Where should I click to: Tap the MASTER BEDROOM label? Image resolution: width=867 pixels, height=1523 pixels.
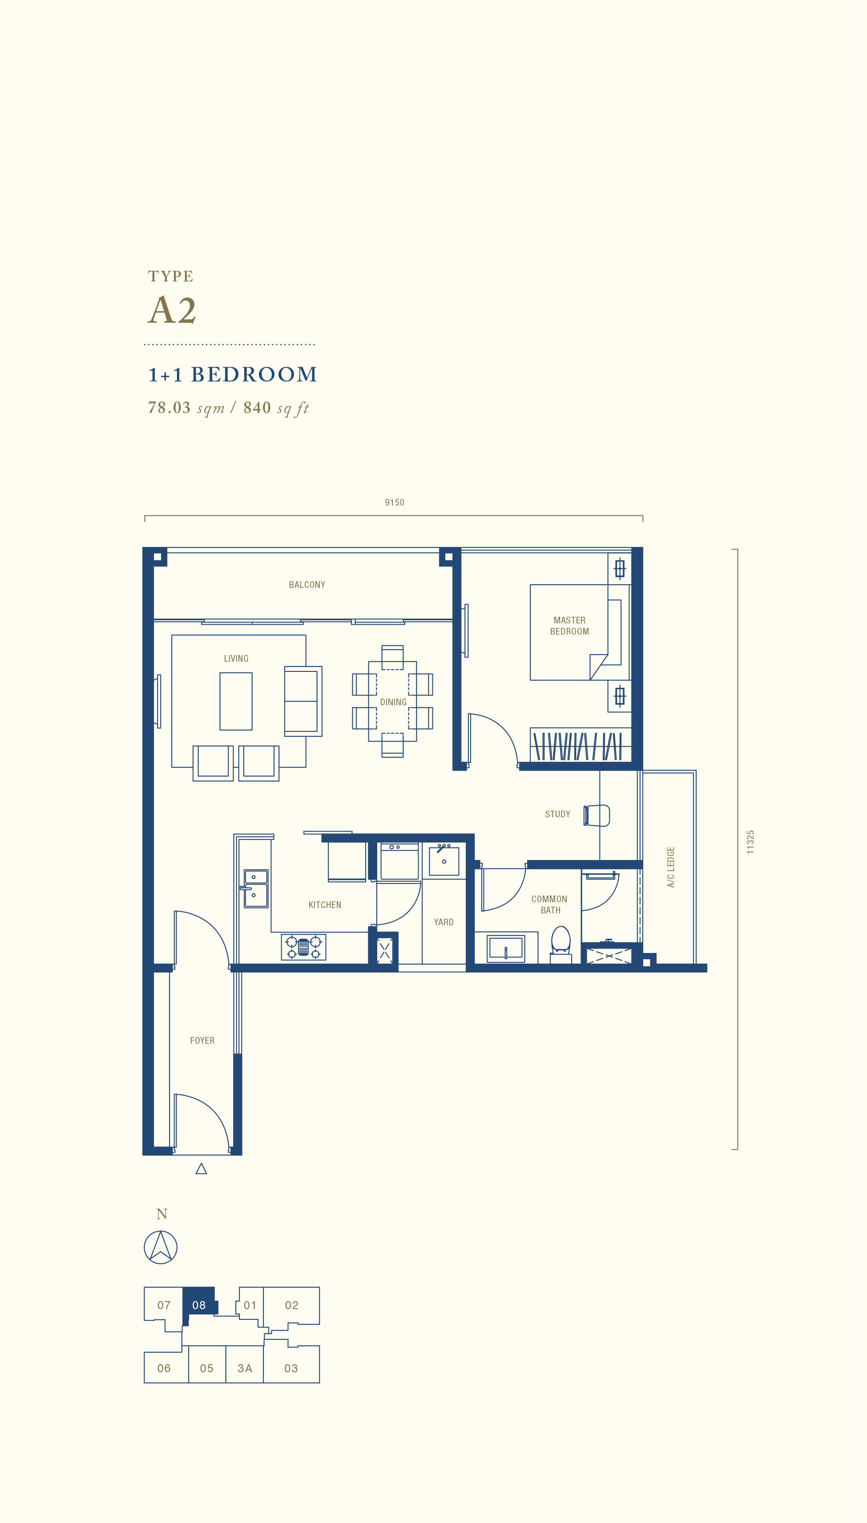(x=569, y=626)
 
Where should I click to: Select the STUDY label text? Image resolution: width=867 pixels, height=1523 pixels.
(x=557, y=814)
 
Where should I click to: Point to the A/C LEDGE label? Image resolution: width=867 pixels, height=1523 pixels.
(x=670, y=867)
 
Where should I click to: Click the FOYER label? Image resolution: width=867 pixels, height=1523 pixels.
(x=202, y=1041)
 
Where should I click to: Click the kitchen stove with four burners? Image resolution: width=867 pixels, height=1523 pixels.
(x=304, y=947)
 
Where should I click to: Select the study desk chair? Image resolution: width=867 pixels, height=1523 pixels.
(x=597, y=816)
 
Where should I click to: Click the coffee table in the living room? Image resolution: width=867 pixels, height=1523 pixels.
(x=236, y=701)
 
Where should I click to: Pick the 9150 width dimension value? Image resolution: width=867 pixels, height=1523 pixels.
(x=394, y=502)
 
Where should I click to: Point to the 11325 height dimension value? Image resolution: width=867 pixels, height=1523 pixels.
(x=750, y=842)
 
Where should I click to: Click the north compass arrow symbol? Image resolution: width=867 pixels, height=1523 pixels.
(x=161, y=1247)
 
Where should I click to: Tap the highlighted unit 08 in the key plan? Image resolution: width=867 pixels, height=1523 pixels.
(x=199, y=1305)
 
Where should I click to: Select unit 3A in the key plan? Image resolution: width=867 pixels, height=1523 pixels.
(x=245, y=1368)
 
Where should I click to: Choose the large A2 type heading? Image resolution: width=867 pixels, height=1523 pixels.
(x=172, y=310)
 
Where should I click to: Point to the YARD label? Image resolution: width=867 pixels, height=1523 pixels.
(x=444, y=922)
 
